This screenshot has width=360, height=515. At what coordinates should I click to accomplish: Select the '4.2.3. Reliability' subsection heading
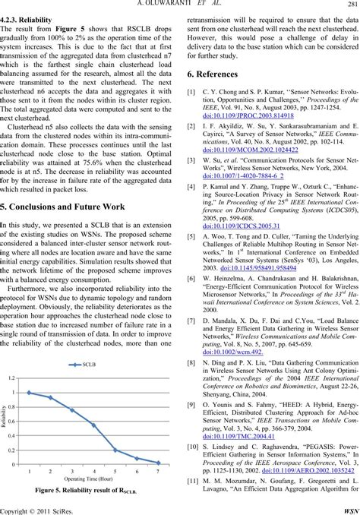coord(29,13)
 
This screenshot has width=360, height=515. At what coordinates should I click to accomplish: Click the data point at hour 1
coord(29,393)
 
